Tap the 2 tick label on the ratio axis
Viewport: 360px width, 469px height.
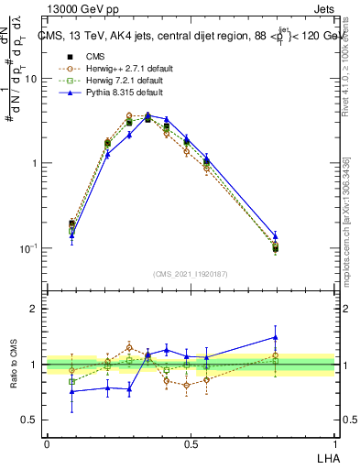[34, 309]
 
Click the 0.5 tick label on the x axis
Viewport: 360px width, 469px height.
[191, 442]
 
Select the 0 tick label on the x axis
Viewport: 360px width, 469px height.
[46, 442]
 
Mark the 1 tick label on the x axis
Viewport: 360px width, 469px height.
[334, 442]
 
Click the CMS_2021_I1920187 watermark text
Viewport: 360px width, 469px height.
[191, 273]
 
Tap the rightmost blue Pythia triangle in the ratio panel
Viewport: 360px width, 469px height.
[275, 337]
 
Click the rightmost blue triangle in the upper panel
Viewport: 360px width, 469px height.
[275, 236]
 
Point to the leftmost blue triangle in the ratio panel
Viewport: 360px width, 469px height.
[72, 391]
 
